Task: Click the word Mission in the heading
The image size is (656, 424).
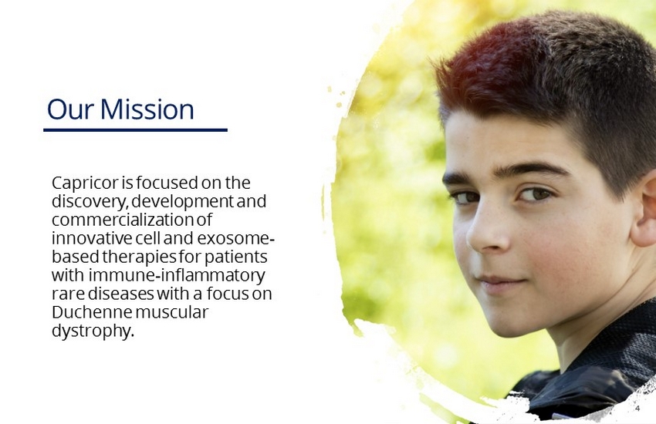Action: click(147, 109)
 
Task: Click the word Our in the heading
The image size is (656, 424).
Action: click(71, 109)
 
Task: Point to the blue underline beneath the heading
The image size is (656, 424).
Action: click(136, 130)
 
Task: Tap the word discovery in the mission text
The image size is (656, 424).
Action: click(89, 202)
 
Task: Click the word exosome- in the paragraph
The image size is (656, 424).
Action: click(236, 238)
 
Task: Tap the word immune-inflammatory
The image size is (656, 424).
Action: click(177, 275)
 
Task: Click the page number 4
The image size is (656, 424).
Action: click(637, 408)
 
